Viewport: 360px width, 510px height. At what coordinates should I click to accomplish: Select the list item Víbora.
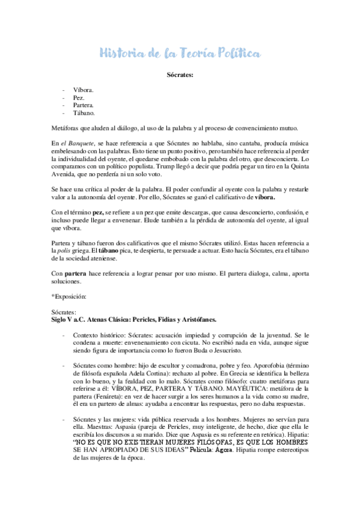(82, 89)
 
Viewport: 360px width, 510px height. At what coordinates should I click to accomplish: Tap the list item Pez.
(79, 97)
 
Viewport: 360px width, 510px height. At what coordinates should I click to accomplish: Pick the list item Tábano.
(83, 112)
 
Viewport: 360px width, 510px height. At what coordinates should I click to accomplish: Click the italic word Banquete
(78, 142)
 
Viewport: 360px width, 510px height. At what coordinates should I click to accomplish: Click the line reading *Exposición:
(70, 296)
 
